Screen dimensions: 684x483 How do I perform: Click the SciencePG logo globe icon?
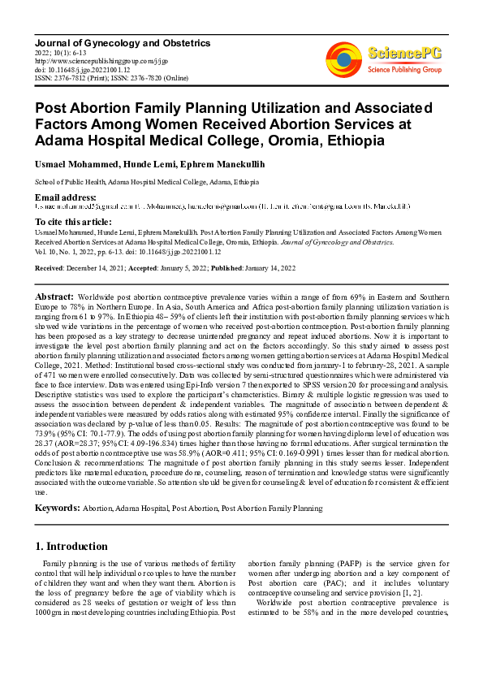[344, 57]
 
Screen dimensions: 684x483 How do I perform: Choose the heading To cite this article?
[72, 221]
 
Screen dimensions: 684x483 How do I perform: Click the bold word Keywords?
[57, 508]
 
